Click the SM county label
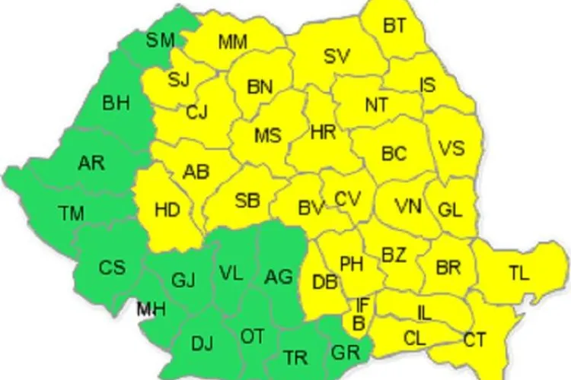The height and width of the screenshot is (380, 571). point(160,40)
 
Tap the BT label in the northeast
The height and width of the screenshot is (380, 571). point(394,26)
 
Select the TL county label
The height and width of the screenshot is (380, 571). point(518,274)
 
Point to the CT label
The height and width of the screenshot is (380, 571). point(474,340)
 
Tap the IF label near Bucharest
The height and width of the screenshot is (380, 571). point(363,304)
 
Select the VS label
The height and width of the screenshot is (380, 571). point(451,147)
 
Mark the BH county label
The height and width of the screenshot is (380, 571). point(116,103)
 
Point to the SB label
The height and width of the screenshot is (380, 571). point(247,201)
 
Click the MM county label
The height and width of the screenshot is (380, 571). point(232,41)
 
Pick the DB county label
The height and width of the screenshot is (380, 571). point(324,283)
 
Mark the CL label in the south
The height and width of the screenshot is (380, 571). point(415,339)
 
